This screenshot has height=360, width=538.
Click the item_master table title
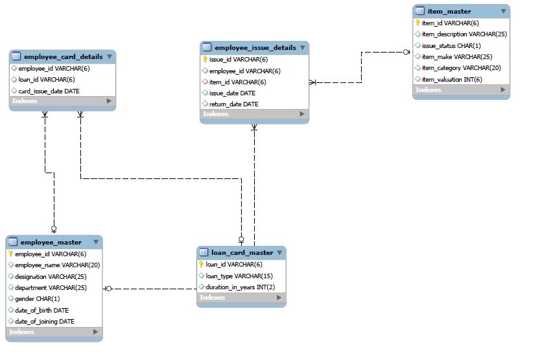[x=449, y=11]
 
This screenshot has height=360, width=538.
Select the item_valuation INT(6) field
[x=451, y=79]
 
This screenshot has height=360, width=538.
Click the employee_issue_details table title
[x=255, y=47]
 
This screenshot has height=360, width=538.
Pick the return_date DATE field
[x=233, y=104]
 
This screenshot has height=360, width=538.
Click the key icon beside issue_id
[x=205, y=60]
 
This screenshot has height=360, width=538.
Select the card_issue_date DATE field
[x=49, y=91]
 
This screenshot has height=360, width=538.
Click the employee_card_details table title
[x=63, y=56]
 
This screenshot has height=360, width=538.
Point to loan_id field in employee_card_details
[x=46, y=79]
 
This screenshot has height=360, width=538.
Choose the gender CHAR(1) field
[x=37, y=298]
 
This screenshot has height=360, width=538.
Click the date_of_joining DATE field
[x=44, y=321]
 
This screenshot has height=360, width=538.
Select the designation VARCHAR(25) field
[x=51, y=276]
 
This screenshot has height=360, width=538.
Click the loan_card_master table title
[x=242, y=252]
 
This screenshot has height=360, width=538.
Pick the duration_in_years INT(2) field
[x=240, y=287]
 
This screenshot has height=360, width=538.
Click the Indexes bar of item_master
[x=460, y=90]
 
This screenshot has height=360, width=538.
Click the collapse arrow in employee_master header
[x=95, y=242]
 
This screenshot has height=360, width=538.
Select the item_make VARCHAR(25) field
[x=456, y=56]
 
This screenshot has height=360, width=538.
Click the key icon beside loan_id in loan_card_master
[x=202, y=264]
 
